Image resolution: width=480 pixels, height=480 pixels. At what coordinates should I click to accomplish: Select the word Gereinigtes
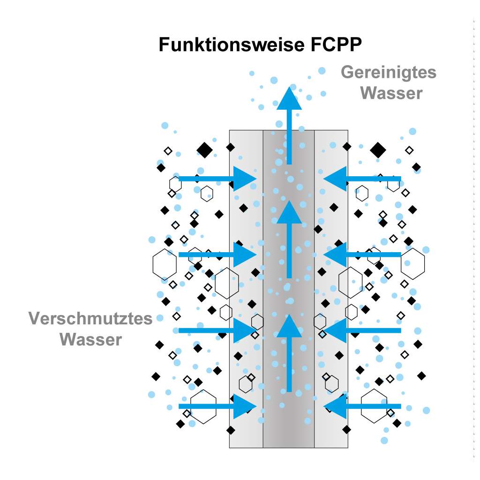pos(388,73)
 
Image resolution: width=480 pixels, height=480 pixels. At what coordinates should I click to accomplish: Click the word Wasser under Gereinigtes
pos(391,93)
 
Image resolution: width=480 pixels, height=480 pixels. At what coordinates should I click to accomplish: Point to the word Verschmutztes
pos(90,319)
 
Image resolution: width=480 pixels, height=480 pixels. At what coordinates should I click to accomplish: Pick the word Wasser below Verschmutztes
pos(91,339)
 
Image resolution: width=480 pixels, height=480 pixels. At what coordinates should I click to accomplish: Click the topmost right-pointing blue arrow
pos(218,179)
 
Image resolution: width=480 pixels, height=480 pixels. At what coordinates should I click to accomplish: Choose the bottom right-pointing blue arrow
pos(218,406)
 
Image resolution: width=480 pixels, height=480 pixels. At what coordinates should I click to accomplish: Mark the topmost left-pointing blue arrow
pos(361,179)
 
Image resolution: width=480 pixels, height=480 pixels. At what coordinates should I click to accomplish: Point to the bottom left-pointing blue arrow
pos(361,406)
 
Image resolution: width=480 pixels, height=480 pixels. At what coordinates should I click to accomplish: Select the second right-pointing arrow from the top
pos(218,255)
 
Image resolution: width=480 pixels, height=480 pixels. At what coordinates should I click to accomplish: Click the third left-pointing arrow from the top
pos(361,330)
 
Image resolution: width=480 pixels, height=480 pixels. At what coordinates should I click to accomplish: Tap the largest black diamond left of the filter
pos(205,150)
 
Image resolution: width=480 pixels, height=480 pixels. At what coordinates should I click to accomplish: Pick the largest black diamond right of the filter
pos(378,150)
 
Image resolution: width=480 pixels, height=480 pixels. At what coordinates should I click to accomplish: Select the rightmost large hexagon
pos(413,264)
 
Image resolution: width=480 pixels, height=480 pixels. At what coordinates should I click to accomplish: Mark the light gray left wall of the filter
pos(246,288)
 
